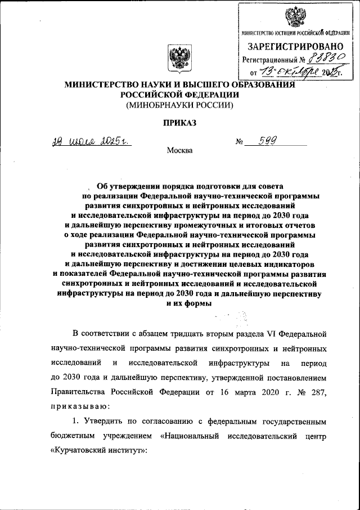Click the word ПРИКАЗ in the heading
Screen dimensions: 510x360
coord(180,123)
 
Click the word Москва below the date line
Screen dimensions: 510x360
coord(180,150)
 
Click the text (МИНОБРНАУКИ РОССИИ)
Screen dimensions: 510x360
coord(179,104)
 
